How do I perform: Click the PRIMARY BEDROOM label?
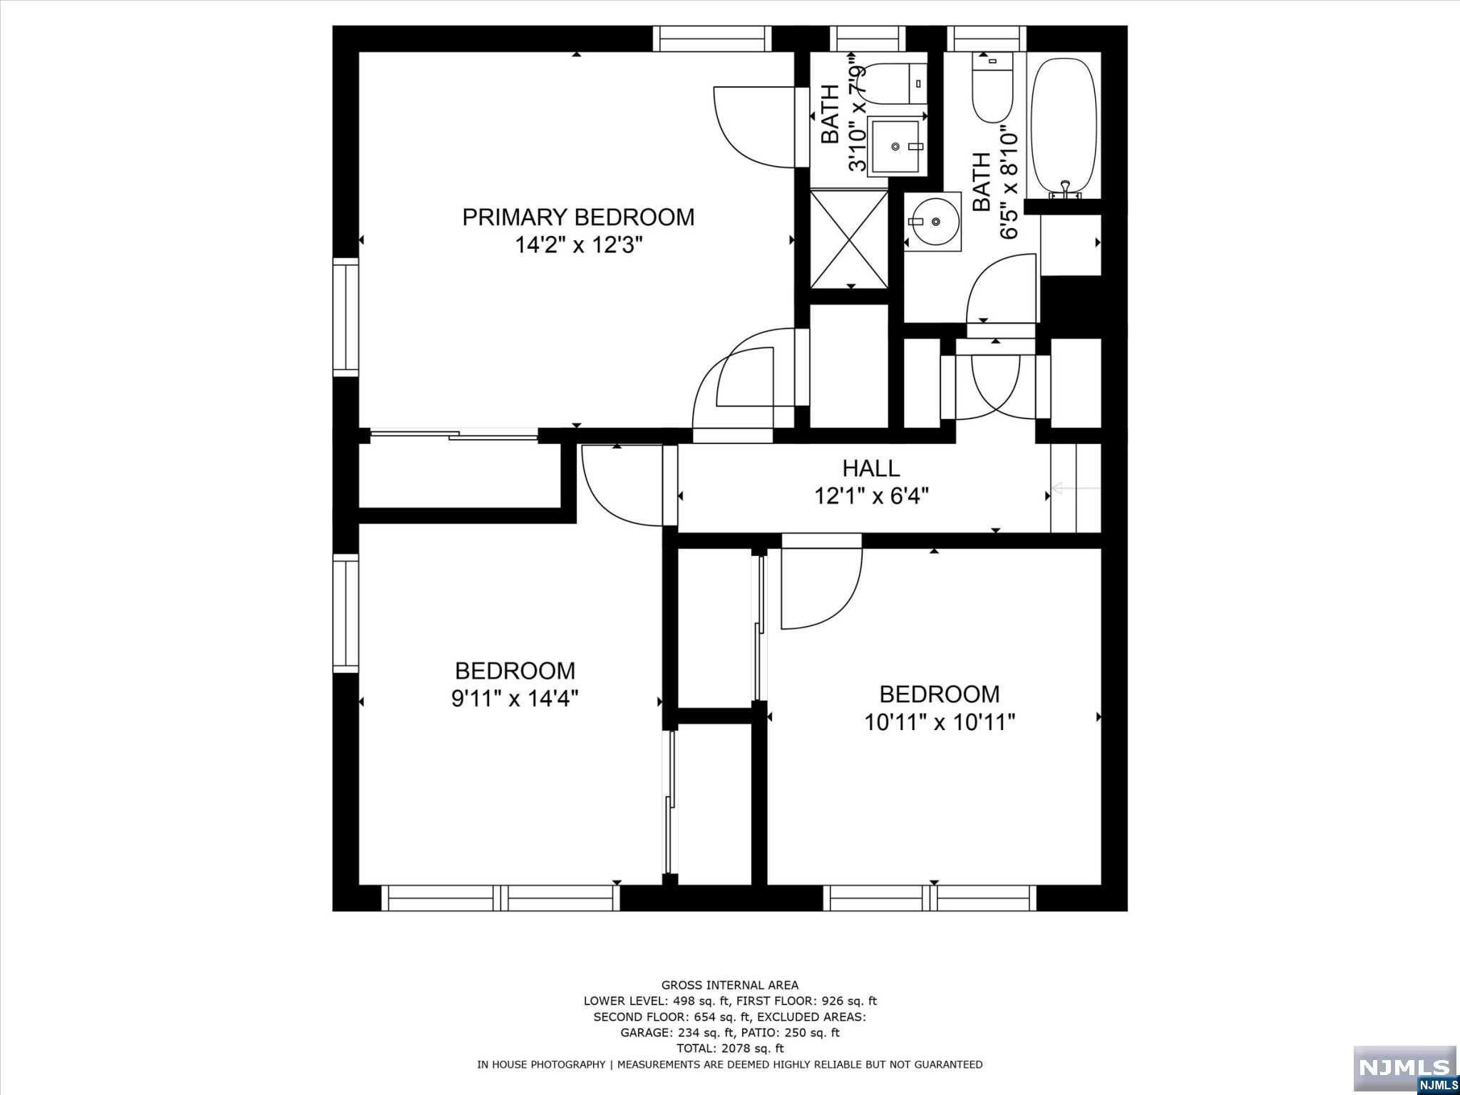pyautogui.click(x=578, y=217)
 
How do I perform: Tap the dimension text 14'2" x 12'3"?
pyautogui.click(x=578, y=246)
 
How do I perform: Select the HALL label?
pyautogui.click(x=870, y=468)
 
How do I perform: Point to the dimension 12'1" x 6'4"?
pyautogui.click(x=870, y=495)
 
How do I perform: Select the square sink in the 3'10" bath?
pyautogui.click(x=896, y=146)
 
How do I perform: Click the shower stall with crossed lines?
pyautogui.click(x=850, y=238)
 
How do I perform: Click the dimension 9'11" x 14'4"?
pyautogui.click(x=514, y=698)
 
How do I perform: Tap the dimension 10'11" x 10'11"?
pyautogui.click(x=939, y=722)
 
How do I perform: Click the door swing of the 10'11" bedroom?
pyautogui.click(x=820, y=588)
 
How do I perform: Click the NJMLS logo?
pyautogui.click(x=1404, y=1067)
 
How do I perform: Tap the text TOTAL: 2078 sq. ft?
pyautogui.click(x=729, y=1048)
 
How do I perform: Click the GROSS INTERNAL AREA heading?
pyautogui.click(x=729, y=985)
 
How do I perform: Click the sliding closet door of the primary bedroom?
pyautogui.click(x=454, y=434)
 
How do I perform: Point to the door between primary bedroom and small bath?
pyautogui.click(x=756, y=125)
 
